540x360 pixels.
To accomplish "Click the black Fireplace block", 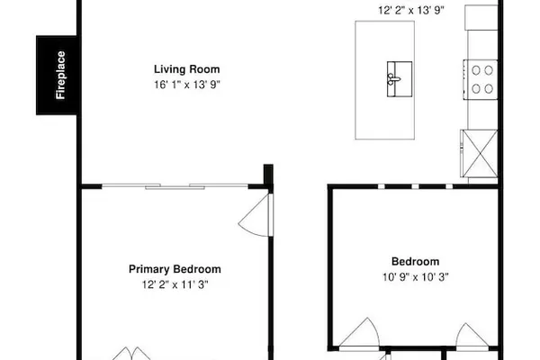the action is click(x=57, y=75).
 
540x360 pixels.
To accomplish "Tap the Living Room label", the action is click(x=186, y=69).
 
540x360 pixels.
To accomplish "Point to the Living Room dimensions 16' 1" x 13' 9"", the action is click(x=186, y=85).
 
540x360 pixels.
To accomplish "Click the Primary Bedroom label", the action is click(x=175, y=269).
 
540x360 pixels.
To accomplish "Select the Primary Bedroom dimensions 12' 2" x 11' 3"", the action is click(x=175, y=284).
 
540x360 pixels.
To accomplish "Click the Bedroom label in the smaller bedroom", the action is click(x=415, y=262).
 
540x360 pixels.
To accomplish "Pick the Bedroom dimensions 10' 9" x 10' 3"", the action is click(x=415, y=277).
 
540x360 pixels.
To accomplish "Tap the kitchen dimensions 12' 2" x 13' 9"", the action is click(x=411, y=10).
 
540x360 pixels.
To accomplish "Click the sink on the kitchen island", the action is click(x=400, y=79).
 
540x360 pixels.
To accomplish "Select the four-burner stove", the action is click(x=480, y=79).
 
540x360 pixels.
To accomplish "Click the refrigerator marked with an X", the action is click(x=479, y=153).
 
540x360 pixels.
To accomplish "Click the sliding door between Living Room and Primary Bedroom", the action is click(x=175, y=186).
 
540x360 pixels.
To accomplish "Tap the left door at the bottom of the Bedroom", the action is click(x=359, y=334).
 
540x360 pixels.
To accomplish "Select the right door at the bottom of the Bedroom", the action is click(x=472, y=336).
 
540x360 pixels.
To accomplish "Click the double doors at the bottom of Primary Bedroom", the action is click(x=131, y=354).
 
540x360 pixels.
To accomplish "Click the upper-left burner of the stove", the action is click(x=476, y=70).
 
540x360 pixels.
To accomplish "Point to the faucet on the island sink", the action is click(x=393, y=79).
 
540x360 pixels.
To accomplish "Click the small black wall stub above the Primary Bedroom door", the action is click(x=268, y=175).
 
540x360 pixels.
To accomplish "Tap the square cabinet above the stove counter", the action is click(x=481, y=17).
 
